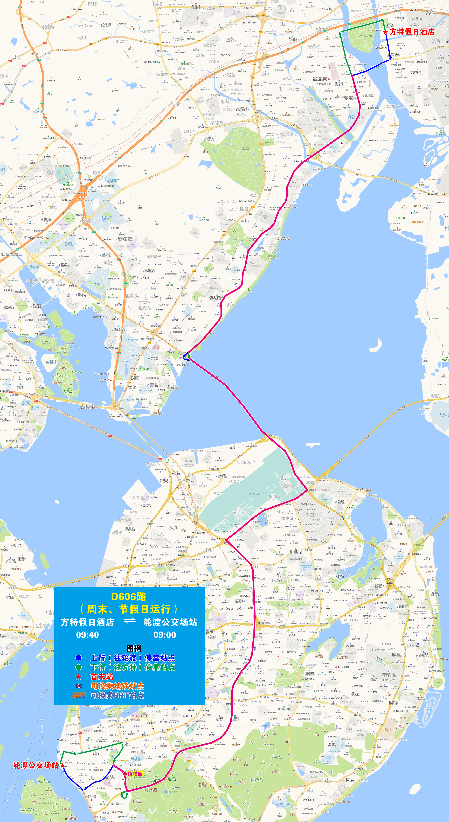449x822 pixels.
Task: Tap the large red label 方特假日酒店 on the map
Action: click(412, 32)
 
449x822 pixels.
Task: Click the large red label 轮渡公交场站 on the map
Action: click(36, 765)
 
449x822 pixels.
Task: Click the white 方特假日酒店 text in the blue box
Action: click(87, 622)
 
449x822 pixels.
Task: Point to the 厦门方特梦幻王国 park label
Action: click(365, 36)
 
